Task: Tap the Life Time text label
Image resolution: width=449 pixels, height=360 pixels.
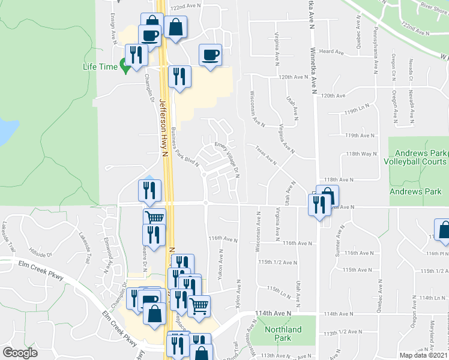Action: click(100, 67)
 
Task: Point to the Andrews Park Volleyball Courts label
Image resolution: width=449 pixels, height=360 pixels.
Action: click(418, 157)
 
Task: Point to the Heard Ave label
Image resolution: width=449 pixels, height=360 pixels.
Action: click(331, 52)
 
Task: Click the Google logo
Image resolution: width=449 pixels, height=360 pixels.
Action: click(20, 353)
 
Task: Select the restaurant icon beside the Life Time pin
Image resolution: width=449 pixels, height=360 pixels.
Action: click(136, 55)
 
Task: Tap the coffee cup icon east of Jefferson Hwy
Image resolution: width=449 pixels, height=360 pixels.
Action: click(210, 55)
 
